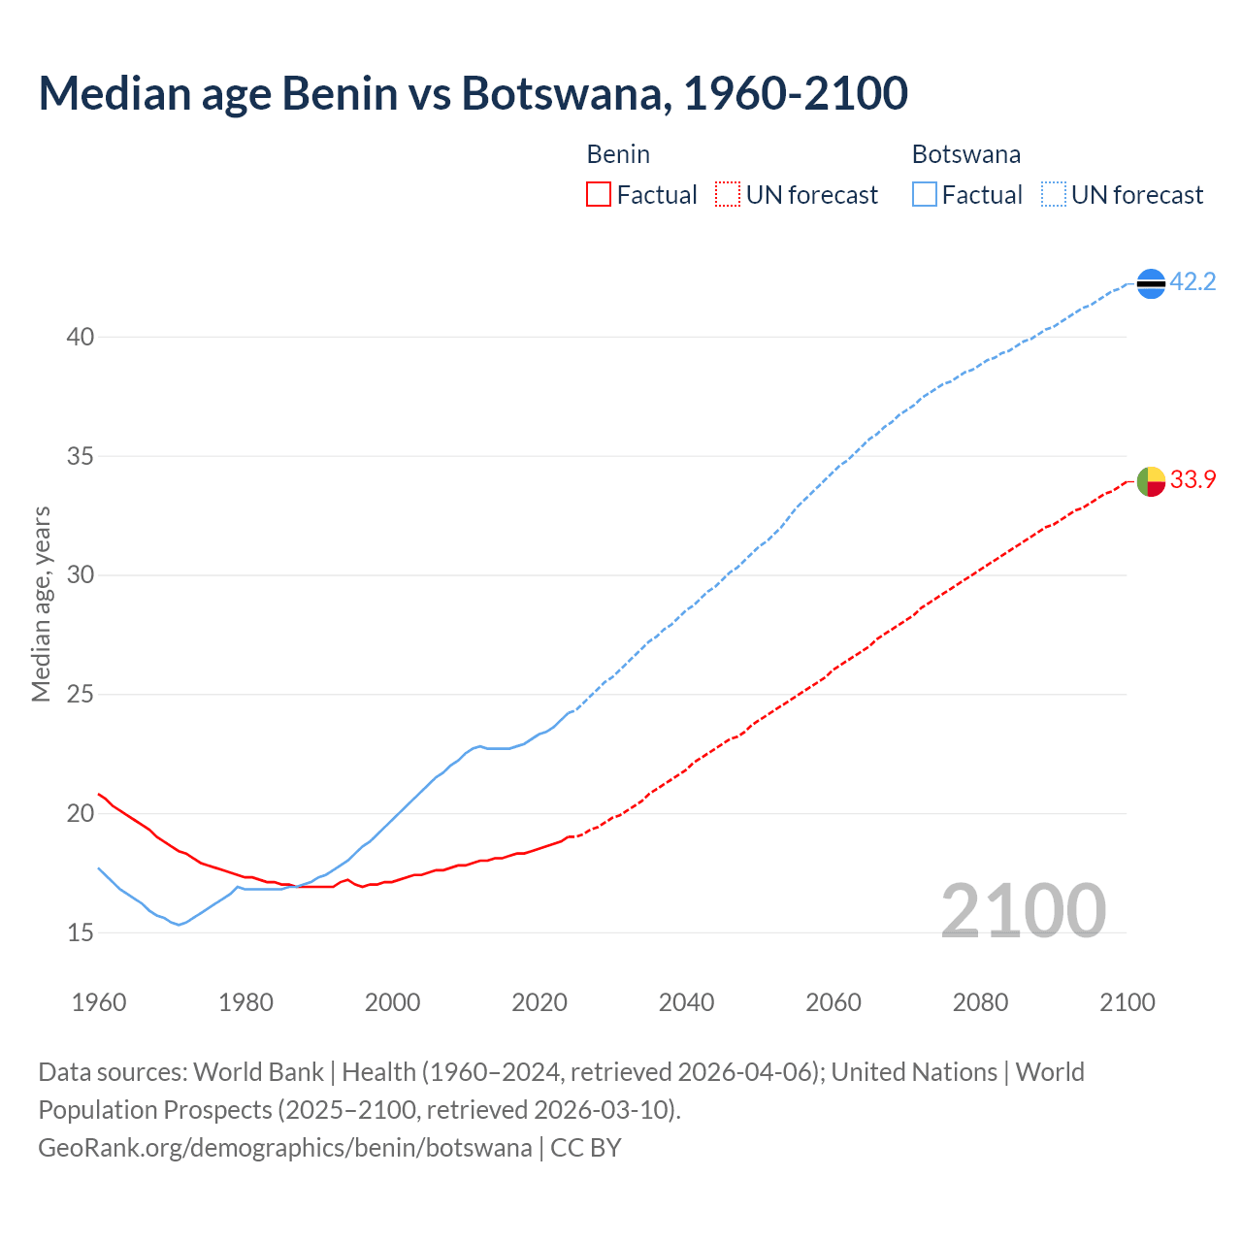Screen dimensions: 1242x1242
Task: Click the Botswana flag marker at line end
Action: click(x=1151, y=283)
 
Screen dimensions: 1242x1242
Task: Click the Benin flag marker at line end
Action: click(x=1151, y=481)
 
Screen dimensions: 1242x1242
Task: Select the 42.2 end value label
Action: click(x=1193, y=282)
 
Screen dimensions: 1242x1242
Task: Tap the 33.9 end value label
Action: click(x=1193, y=479)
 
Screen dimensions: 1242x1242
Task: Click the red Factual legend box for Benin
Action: click(x=599, y=195)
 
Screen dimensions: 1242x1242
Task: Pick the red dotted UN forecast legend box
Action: click(x=728, y=195)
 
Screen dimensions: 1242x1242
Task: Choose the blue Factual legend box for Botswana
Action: click(x=925, y=195)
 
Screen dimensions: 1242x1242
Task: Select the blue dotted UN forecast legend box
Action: click(x=1054, y=195)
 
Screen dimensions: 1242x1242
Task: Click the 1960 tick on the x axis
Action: click(x=99, y=1002)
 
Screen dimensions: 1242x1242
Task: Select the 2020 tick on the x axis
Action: click(x=539, y=1002)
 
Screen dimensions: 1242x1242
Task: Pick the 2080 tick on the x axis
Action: click(x=980, y=1002)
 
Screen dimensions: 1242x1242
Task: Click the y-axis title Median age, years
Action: click(x=41, y=604)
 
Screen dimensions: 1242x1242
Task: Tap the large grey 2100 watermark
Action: click(x=1023, y=910)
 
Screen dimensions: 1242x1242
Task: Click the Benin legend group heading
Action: click(x=618, y=154)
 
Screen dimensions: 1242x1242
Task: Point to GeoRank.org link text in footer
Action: click(x=284, y=1148)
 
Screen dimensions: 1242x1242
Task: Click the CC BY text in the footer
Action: click(x=586, y=1148)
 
